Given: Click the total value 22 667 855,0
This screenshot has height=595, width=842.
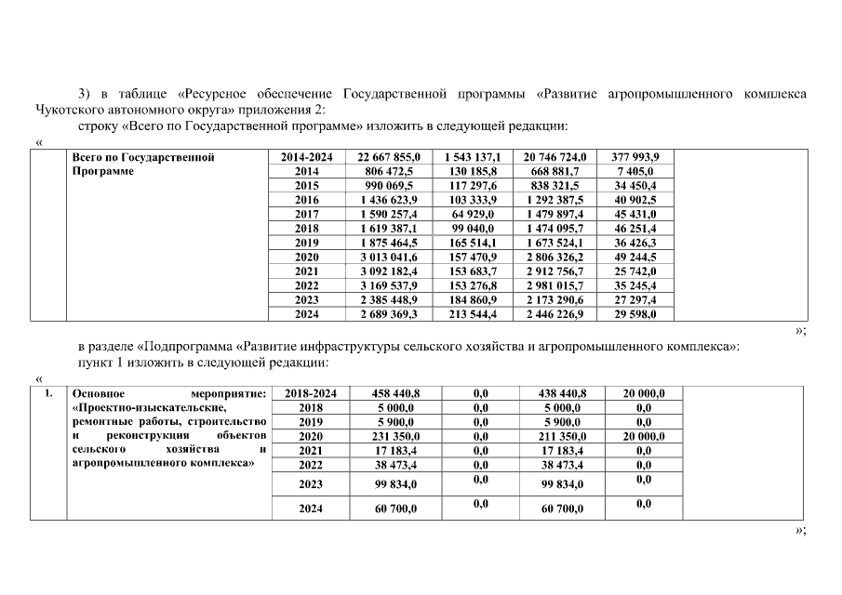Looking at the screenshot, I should pyautogui.click(x=389, y=157).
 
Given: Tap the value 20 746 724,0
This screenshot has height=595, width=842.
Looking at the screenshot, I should pyautogui.click(x=555, y=157).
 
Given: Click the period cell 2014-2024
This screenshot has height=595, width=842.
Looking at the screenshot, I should pyautogui.click(x=306, y=157).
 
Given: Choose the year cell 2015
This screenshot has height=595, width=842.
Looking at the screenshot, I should pyautogui.click(x=306, y=186).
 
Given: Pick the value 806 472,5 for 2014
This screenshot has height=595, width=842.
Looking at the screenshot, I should pyautogui.click(x=389, y=171).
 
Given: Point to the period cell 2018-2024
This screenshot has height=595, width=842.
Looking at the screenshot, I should pyautogui.click(x=306, y=393).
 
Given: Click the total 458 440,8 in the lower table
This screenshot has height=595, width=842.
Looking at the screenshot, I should pyautogui.click(x=389, y=393).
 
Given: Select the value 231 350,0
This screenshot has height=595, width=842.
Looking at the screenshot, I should pyautogui.click(x=389, y=436).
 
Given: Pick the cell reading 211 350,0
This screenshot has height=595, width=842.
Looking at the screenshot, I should pyautogui.click(x=555, y=436).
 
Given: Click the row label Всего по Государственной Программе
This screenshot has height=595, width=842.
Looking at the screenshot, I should pyautogui.click(x=144, y=164).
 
